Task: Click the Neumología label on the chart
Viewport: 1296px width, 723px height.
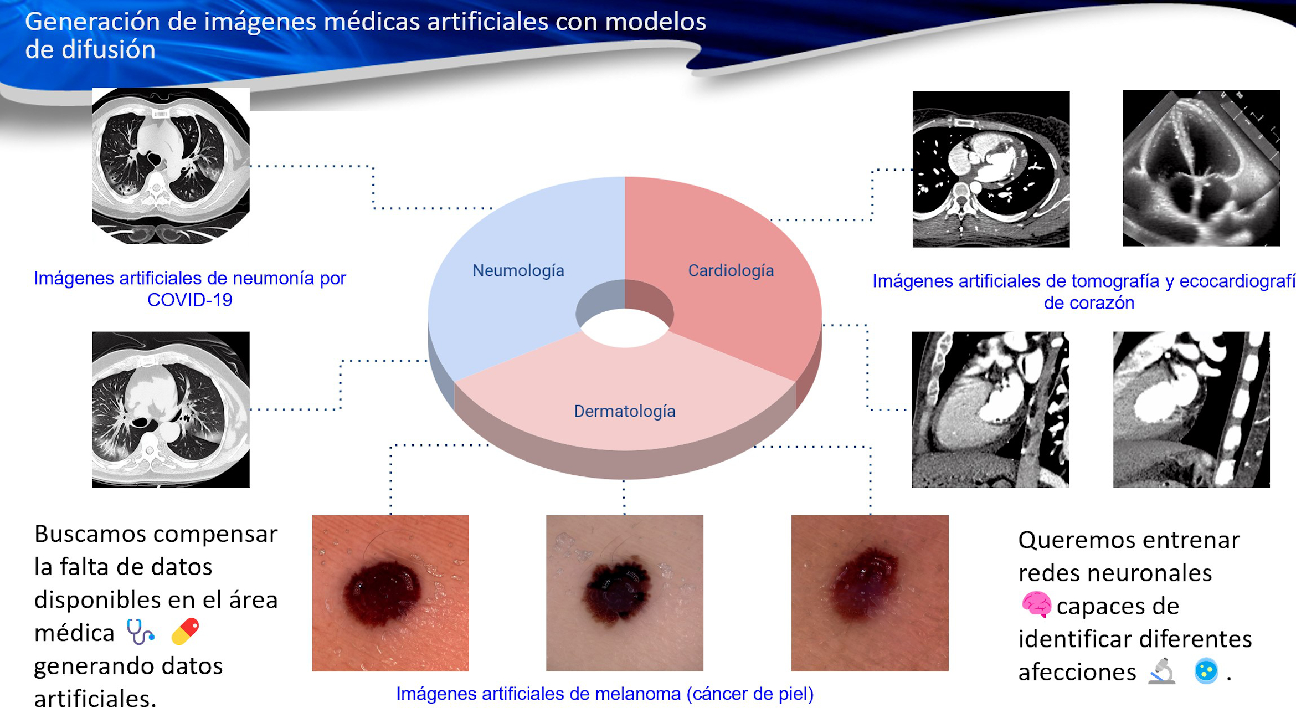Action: coord(518,270)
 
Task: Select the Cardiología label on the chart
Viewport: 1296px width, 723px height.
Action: coord(731,270)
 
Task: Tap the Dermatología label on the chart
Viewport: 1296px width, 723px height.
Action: coord(625,411)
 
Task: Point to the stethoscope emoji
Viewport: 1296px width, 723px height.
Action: coord(140,632)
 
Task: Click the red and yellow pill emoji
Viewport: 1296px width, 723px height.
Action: coord(185,632)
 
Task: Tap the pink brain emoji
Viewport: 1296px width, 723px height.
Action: coord(1036,604)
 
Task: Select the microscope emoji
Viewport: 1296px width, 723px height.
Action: coord(1161,671)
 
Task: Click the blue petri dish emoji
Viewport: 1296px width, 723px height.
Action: coord(1206,671)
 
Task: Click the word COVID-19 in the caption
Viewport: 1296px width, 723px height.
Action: coord(190,300)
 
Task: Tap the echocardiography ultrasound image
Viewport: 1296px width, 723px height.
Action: coord(1201,168)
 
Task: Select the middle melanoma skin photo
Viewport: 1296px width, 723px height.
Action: coord(625,593)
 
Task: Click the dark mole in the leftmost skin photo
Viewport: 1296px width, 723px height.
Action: coord(382,592)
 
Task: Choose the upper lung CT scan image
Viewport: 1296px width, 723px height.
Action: coord(171,166)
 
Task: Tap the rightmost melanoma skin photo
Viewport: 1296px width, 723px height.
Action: coord(870,593)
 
